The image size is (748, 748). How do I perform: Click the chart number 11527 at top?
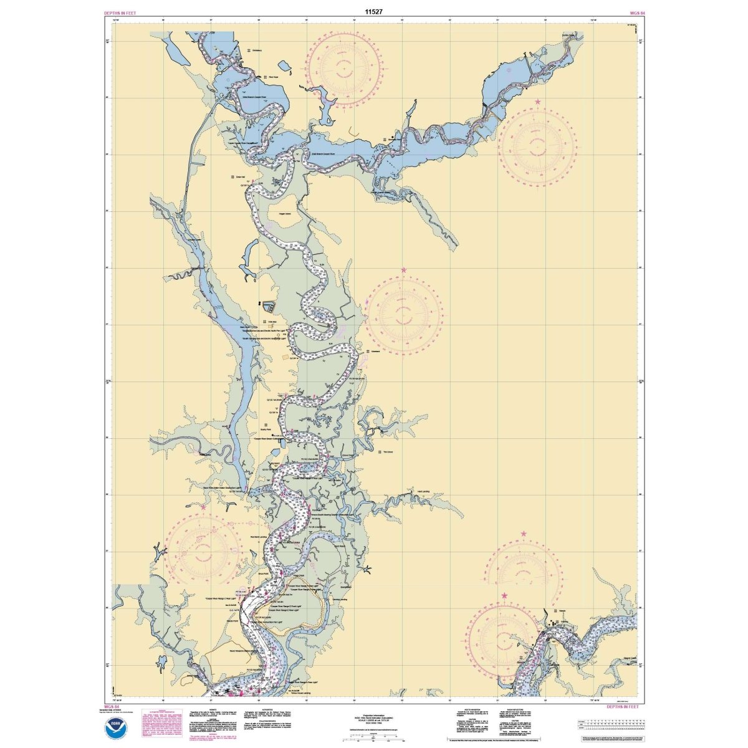pos(374,11)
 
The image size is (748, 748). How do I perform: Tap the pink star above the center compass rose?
pos(404,271)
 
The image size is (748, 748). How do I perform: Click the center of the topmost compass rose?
pos(345,67)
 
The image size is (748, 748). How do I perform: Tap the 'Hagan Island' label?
pos(285,213)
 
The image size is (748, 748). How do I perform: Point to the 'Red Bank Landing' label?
pos(259,535)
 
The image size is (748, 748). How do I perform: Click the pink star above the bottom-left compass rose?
pos(203,507)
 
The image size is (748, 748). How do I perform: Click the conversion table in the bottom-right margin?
pos(610,724)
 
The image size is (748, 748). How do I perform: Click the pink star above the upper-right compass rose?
pos(537,101)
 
